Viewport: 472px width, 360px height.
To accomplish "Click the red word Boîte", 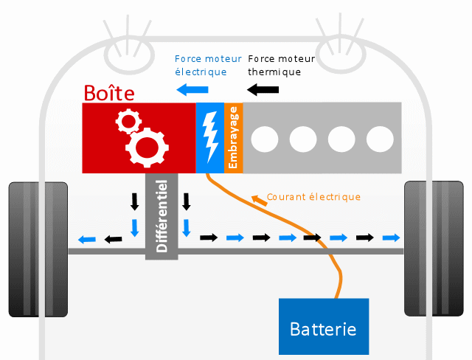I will click(x=108, y=93).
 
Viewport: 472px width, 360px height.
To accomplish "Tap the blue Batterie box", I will click(x=323, y=326).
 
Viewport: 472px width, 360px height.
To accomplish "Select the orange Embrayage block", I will click(x=233, y=138).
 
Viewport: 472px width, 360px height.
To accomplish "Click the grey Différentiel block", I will click(x=162, y=215).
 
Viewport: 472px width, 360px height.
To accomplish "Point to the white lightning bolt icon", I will click(x=209, y=138).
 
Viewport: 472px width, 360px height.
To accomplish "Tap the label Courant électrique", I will click(x=313, y=197).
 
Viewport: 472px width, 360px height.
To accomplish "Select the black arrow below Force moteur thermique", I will click(x=263, y=90).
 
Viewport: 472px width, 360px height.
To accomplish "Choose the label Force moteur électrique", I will click(x=200, y=65).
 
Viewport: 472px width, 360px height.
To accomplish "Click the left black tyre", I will click(x=38, y=249).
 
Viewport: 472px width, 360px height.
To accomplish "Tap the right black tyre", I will click(x=434, y=249).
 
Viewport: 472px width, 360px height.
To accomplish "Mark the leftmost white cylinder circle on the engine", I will click(x=265, y=138).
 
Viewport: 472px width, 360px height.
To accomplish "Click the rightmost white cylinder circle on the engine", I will click(x=381, y=138).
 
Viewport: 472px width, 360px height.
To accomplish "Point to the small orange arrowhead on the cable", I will click(x=256, y=198).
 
